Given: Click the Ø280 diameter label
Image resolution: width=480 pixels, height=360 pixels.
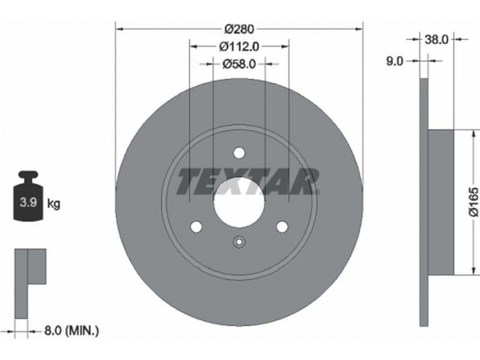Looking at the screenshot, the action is [239, 29].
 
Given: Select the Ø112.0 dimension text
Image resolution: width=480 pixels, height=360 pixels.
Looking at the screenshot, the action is [239, 47].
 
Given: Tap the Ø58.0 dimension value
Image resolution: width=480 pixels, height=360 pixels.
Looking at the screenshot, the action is [239, 64].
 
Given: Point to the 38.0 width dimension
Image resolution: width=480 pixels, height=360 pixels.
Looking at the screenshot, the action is [436, 39].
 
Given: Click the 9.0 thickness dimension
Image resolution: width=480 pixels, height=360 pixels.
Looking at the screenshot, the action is [395, 61].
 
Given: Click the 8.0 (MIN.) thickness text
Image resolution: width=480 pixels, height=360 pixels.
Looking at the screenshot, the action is [72, 331].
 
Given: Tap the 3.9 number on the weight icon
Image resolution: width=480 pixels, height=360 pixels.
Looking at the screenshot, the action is [28, 202].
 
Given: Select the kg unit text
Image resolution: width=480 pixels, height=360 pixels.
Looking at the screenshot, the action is [54, 203].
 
